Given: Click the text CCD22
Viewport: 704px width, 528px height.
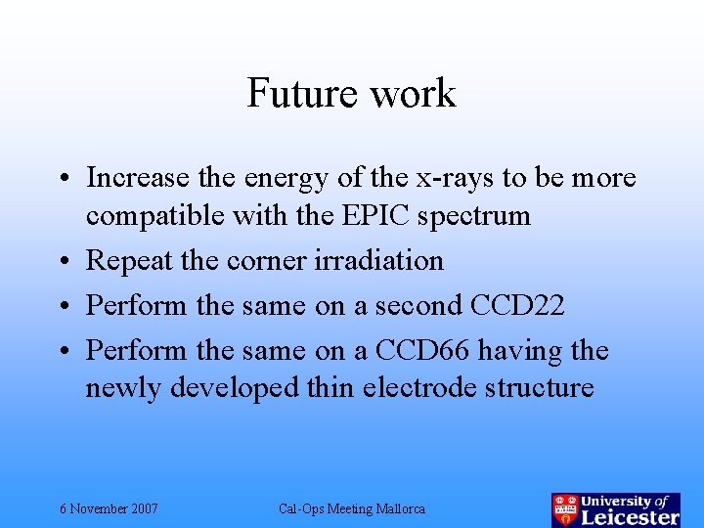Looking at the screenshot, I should tap(517, 305).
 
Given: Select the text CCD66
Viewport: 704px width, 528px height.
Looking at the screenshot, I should tap(468, 350).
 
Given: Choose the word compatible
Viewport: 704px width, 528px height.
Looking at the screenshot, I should tap(155, 216).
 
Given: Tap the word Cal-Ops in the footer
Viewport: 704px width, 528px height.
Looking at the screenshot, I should tap(301, 509).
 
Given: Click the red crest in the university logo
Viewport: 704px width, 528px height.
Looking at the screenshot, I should tap(565, 510).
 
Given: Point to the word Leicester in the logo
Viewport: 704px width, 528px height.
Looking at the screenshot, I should tap(631, 516).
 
